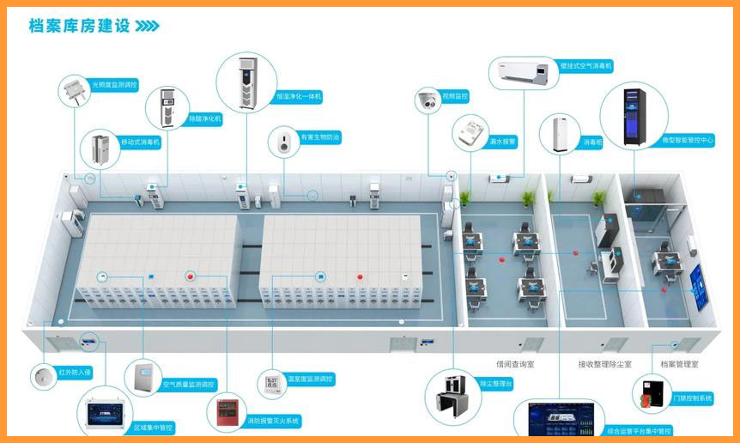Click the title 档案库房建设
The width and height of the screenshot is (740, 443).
click(x=79, y=26)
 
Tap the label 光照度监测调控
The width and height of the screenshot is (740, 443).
click(x=114, y=85)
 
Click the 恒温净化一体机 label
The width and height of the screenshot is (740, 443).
click(x=299, y=97)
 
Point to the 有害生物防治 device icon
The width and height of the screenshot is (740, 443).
click(x=282, y=143)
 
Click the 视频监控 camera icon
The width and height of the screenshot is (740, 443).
click(x=428, y=101)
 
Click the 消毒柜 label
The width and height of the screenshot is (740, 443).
click(x=593, y=142)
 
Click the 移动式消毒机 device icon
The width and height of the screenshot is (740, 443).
click(x=100, y=149)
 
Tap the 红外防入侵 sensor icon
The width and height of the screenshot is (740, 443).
click(x=43, y=375)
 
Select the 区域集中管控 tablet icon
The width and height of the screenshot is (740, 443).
click(x=104, y=414)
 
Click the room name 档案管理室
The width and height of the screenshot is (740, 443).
click(x=679, y=365)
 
